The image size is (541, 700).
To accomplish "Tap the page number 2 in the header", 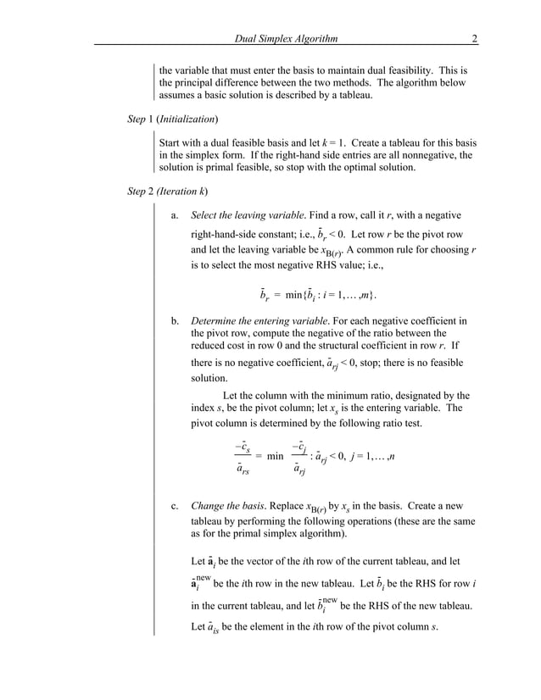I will pyautogui.click(x=476, y=38).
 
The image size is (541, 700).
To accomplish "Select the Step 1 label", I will pyautogui.click(x=139, y=119).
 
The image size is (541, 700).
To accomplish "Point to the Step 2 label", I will pyautogui.click(x=139, y=191).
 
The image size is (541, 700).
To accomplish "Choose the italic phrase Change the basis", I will pyautogui.click(x=224, y=508).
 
